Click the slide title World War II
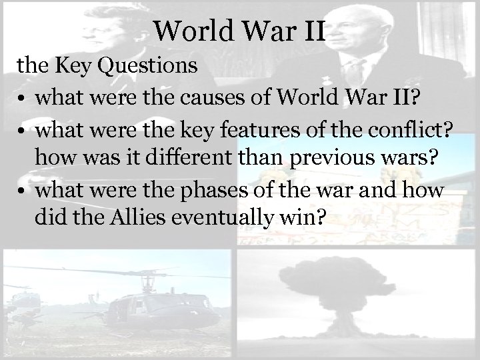[x=239, y=31]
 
